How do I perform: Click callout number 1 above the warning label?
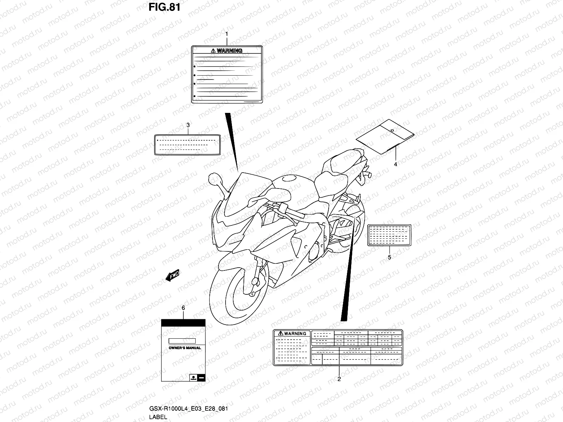[227, 34]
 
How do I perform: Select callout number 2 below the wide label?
[339, 379]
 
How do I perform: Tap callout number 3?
[188, 125]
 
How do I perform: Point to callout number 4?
[395, 164]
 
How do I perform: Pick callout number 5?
[389, 257]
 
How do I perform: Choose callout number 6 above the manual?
[183, 308]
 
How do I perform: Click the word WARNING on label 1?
[229, 51]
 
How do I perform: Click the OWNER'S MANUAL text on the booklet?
[185, 348]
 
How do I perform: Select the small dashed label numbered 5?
[389, 235]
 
